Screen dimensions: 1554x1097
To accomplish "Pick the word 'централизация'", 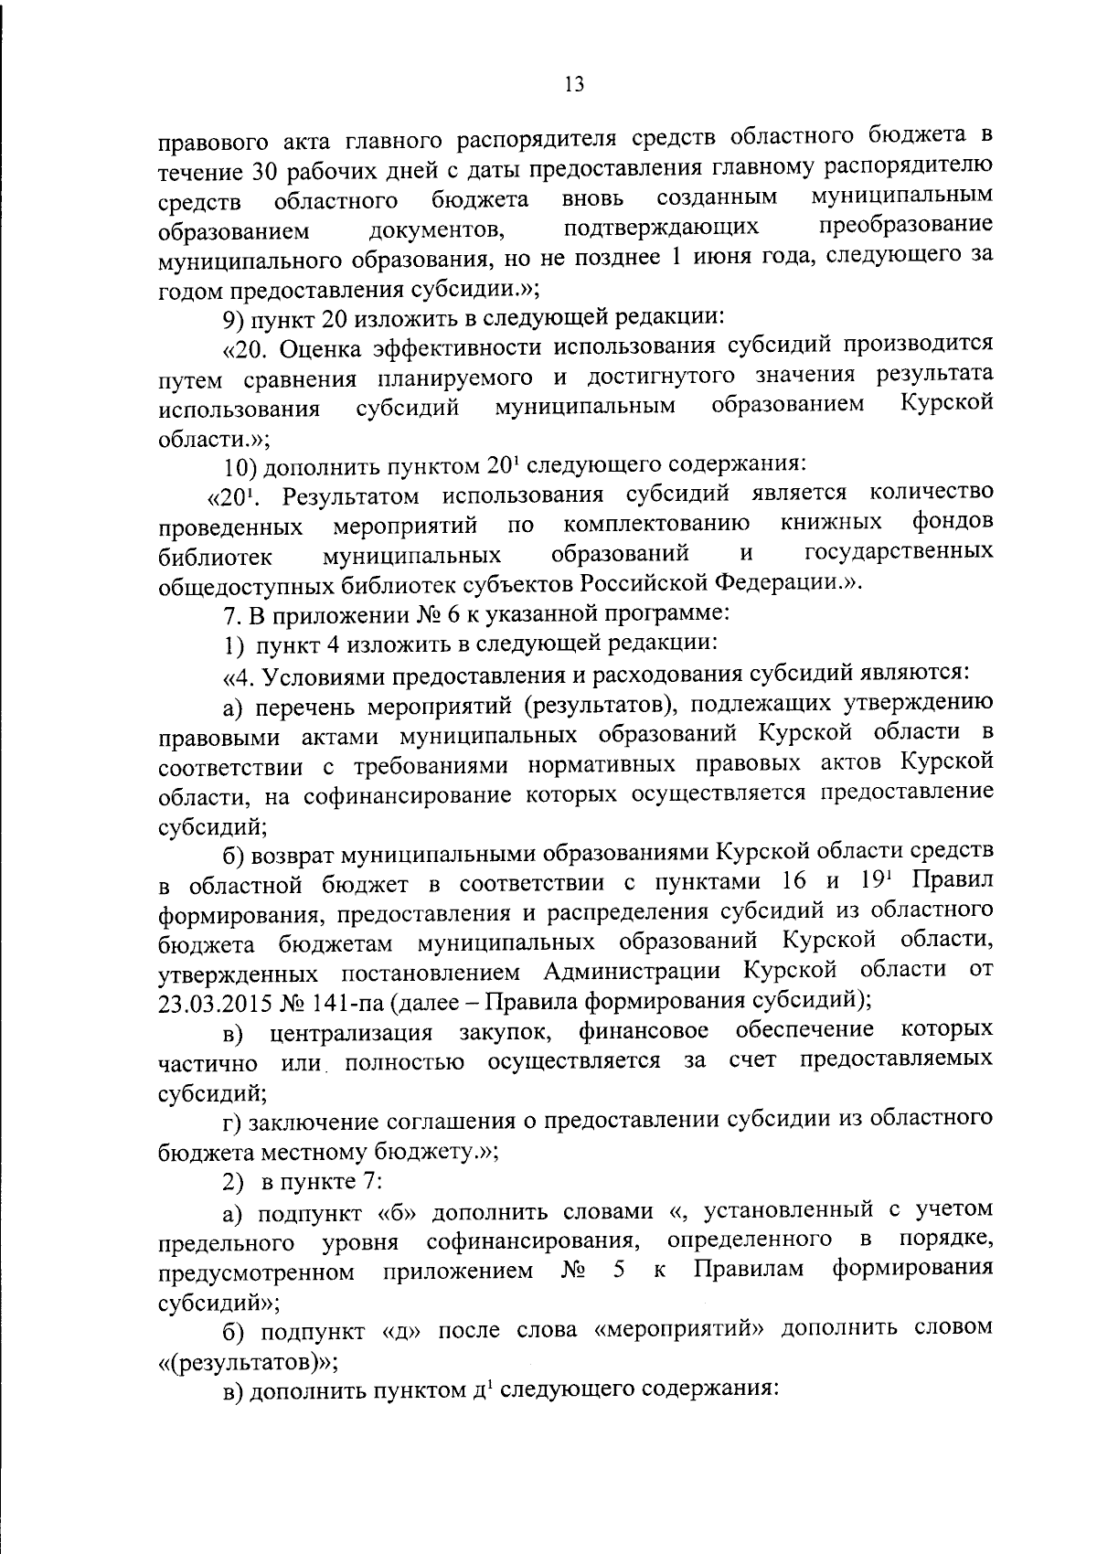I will [351, 1033].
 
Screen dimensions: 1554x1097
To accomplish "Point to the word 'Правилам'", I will [749, 1270].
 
